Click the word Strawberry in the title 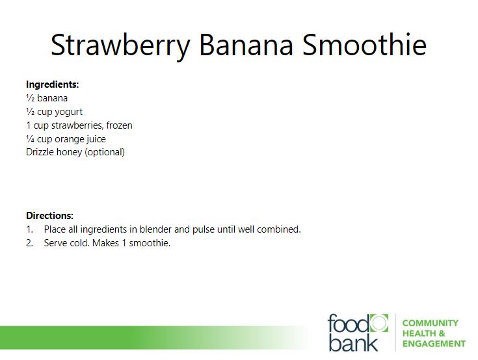click(120, 45)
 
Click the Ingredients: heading click(53, 84)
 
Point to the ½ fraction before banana click(30, 98)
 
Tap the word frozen click(119, 125)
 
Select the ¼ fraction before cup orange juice click(30, 139)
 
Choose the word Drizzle click(38, 152)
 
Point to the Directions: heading click(49, 216)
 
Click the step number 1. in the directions click(29, 229)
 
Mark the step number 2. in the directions click(29, 243)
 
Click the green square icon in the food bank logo click(379, 323)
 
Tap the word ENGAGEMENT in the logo click(434, 344)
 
